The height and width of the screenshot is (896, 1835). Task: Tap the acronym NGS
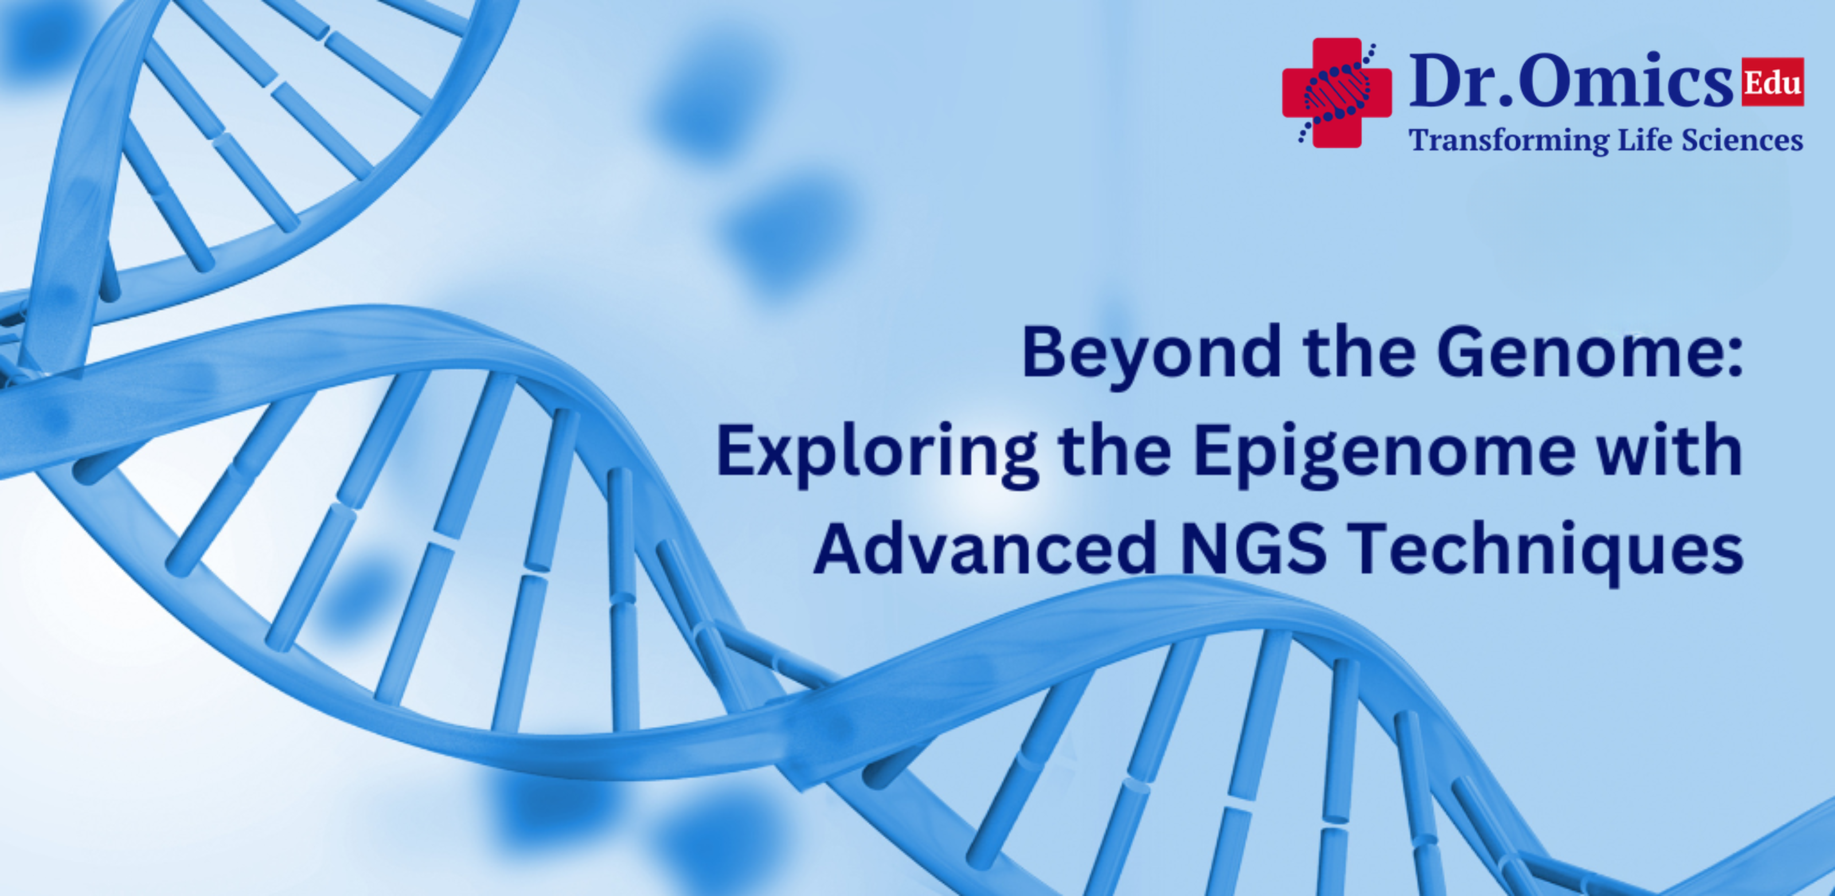(1255, 549)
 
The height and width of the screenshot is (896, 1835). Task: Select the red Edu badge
(1772, 82)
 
